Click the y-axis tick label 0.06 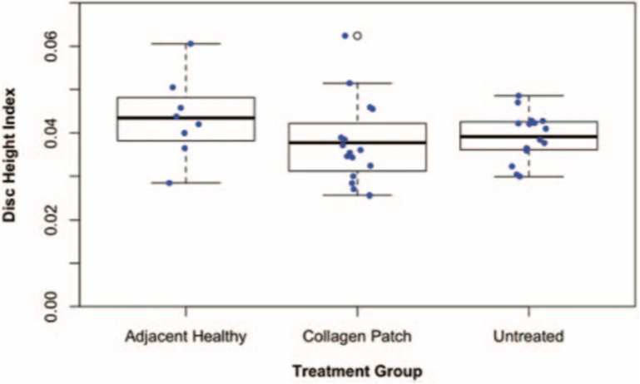click(x=51, y=46)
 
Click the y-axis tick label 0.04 click(x=51, y=133)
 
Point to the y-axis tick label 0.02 click(x=51, y=219)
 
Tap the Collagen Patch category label click(x=357, y=337)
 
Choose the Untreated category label click(x=528, y=337)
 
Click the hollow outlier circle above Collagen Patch click(x=357, y=36)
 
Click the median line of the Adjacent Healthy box click(x=186, y=117)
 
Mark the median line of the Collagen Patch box click(x=357, y=142)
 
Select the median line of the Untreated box click(x=528, y=136)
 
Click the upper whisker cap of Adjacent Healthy click(x=186, y=43)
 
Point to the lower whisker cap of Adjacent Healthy click(x=186, y=183)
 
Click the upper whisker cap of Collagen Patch click(x=357, y=83)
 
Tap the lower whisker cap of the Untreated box click(x=528, y=176)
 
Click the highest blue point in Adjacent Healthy click(x=190, y=43)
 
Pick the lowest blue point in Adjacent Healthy click(x=169, y=183)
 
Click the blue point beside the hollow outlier click(x=345, y=36)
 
